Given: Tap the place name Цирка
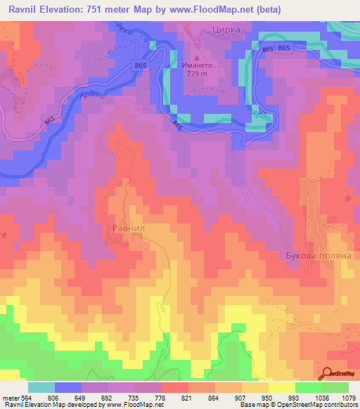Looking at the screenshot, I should click(x=226, y=30).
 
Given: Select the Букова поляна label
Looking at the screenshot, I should click(x=319, y=257).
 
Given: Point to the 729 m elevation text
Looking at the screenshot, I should click(x=198, y=73).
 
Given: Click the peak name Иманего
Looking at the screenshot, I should click(x=198, y=64).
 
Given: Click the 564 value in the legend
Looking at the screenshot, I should click(x=25, y=397).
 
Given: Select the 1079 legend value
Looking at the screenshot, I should click(x=348, y=397).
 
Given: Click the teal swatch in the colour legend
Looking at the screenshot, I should click(x=41, y=387).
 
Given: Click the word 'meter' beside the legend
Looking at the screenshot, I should click(x=9, y=397).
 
